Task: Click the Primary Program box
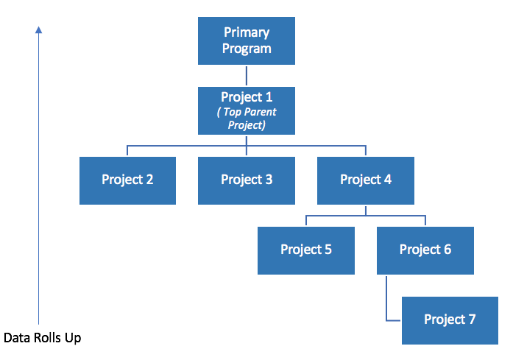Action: pyautogui.click(x=247, y=41)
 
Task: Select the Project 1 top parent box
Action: pyautogui.click(x=247, y=110)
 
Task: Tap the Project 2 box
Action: pyautogui.click(x=127, y=180)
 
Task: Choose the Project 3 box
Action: pyautogui.click(x=247, y=180)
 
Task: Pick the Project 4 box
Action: pyautogui.click(x=366, y=180)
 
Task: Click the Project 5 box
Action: pyautogui.click(x=306, y=251)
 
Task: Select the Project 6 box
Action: pyautogui.click(x=425, y=251)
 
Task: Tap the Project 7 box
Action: pyautogui.click(x=450, y=320)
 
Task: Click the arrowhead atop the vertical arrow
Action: pyautogui.click(x=38, y=29)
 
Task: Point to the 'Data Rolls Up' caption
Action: pyautogui.click(x=42, y=338)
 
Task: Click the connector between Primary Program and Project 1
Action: pyautogui.click(x=247, y=76)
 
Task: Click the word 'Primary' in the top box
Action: pyautogui.click(x=247, y=32)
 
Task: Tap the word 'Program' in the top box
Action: pyautogui.click(x=247, y=49)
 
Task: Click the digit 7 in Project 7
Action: pyautogui.click(x=472, y=319)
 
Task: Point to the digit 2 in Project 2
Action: pyautogui.click(x=149, y=180)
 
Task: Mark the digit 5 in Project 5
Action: pyautogui.click(x=328, y=250)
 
